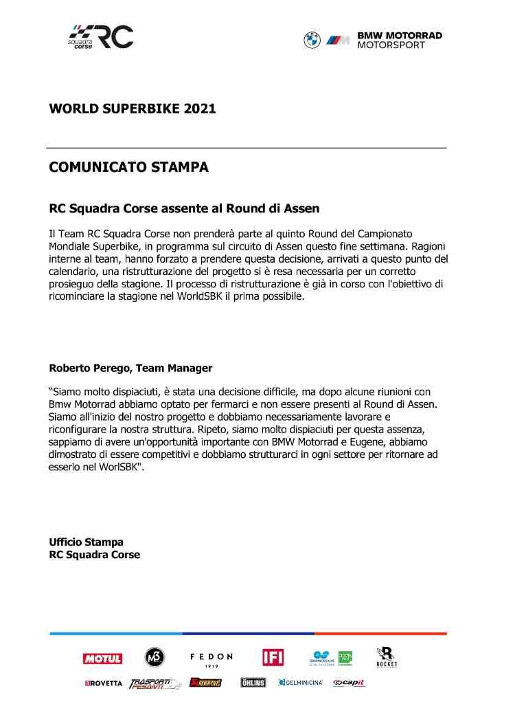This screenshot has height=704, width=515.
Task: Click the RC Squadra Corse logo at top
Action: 101,37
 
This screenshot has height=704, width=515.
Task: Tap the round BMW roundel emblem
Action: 312,40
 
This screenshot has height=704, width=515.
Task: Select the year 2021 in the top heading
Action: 200,109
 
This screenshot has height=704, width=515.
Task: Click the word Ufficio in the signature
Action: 67,542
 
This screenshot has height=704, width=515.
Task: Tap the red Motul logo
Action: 103,659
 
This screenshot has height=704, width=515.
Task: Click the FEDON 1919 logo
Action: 211,659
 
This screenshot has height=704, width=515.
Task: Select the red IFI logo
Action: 273,658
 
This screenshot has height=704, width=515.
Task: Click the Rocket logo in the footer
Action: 387,657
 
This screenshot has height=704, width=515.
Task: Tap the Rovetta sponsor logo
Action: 104,683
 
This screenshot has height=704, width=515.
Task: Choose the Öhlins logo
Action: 253,683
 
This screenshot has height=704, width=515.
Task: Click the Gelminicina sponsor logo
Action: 301,683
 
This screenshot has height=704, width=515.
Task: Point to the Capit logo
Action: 349,683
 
